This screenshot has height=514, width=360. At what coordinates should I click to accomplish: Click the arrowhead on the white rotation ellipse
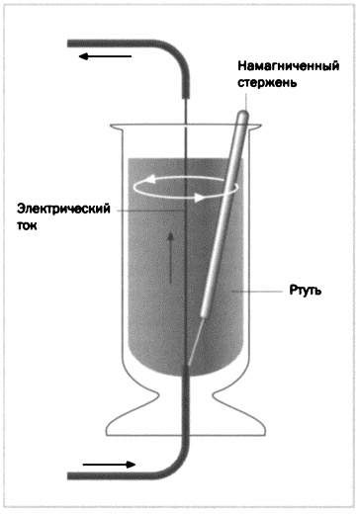(x=204, y=197)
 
